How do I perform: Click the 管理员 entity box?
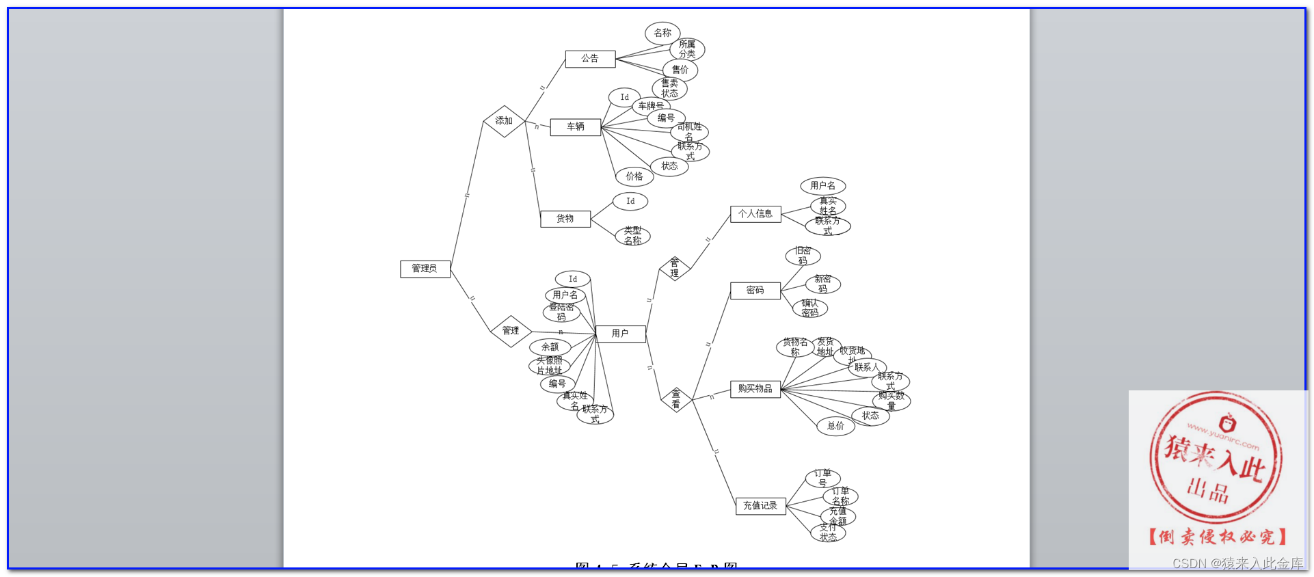[425, 269]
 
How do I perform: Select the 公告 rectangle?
[590, 59]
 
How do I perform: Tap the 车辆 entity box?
[575, 126]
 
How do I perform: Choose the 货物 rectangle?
[565, 219]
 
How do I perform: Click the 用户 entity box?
[620, 334]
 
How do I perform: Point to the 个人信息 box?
[755, 214]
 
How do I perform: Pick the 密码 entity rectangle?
[755, 291]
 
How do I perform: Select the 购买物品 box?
[755, 389]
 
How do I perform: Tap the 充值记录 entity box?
[760, 506]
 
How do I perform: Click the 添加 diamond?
[504, 121]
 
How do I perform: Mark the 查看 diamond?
[676, 399]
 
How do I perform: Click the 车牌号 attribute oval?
[651, 106]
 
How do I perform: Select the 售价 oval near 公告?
[680, 70]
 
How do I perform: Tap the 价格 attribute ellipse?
[634, 176]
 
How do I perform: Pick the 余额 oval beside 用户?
[550, 347]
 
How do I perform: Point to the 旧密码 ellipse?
[803, 256]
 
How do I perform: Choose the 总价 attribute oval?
[835, 426]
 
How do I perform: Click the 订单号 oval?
[822, 478]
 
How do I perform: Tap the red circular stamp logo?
[1216, 457]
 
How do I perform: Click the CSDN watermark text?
[1237, 563]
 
